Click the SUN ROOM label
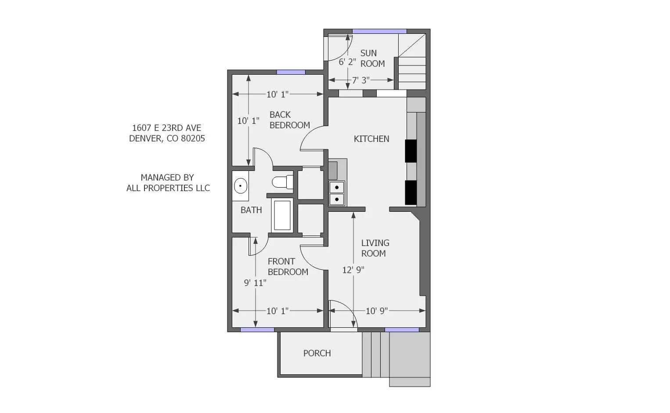tap(372, 58)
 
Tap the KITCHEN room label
tap(371, 139)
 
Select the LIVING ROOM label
tap(375, 248)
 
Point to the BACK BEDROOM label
tap(289, 120)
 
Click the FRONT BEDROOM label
tap(288, 267)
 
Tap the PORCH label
tap(317, 353)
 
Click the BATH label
tap(251, 210)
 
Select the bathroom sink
tap(240, 186)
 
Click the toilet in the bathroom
tap(282, 182)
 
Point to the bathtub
tap(282, 215)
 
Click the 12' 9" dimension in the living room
tap(353, 270)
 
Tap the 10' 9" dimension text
tap(377, 311)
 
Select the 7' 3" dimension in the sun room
tap(361, 80)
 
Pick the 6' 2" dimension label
tap(347, 62)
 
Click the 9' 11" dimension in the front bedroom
tap(255, 283)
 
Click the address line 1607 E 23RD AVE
tap(166, 128)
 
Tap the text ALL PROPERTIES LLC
tap(168, 188)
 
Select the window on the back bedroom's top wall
tap(291, 72)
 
